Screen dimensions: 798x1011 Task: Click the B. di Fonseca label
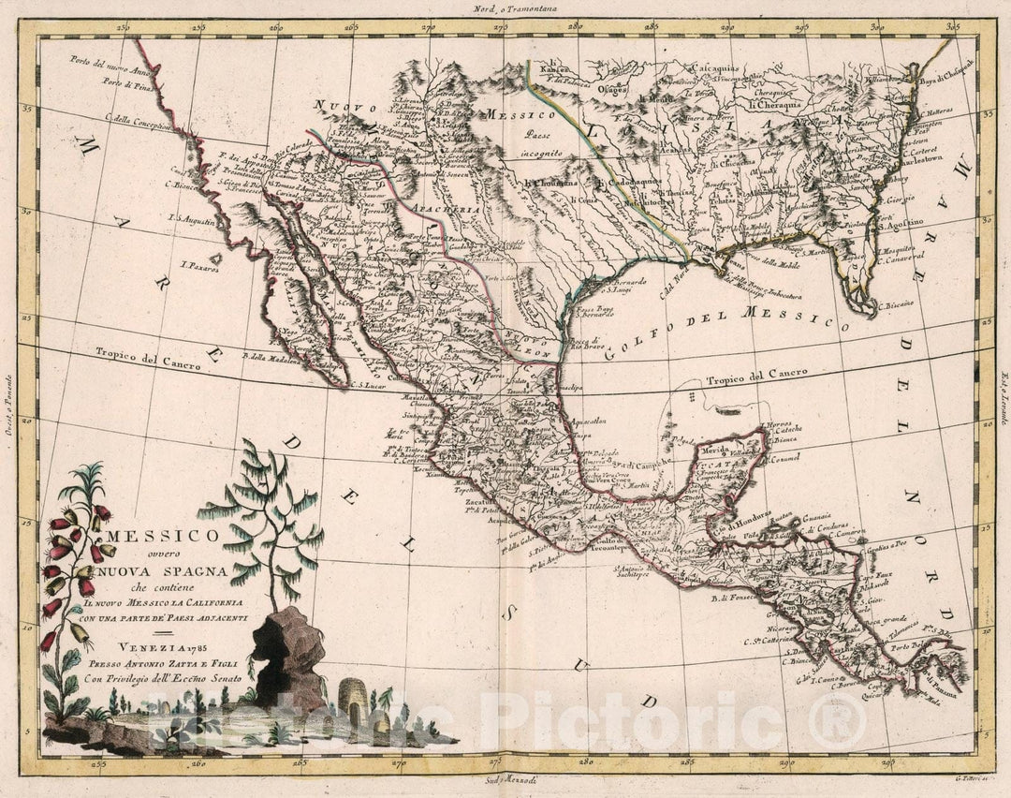(x=732, y=597)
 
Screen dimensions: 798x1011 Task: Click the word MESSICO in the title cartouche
(x=165, y=536)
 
